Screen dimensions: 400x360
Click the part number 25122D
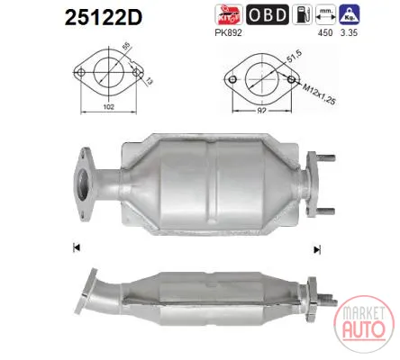click(x=104, y=17)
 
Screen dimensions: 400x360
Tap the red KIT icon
click(x=229, y=14)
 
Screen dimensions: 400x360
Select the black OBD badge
click(x=268, y=14)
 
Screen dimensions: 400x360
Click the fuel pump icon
click(x=302, y=14)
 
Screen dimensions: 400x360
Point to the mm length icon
click(x=325, y=14)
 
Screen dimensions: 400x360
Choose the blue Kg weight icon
click(x=350, y=14)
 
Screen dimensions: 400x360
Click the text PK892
click(x=228, y=32)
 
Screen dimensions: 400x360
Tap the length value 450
click(x=325, y=32)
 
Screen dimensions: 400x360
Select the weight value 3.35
click(x=349, y=32)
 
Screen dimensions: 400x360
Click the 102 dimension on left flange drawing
click(x=108, y=106)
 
